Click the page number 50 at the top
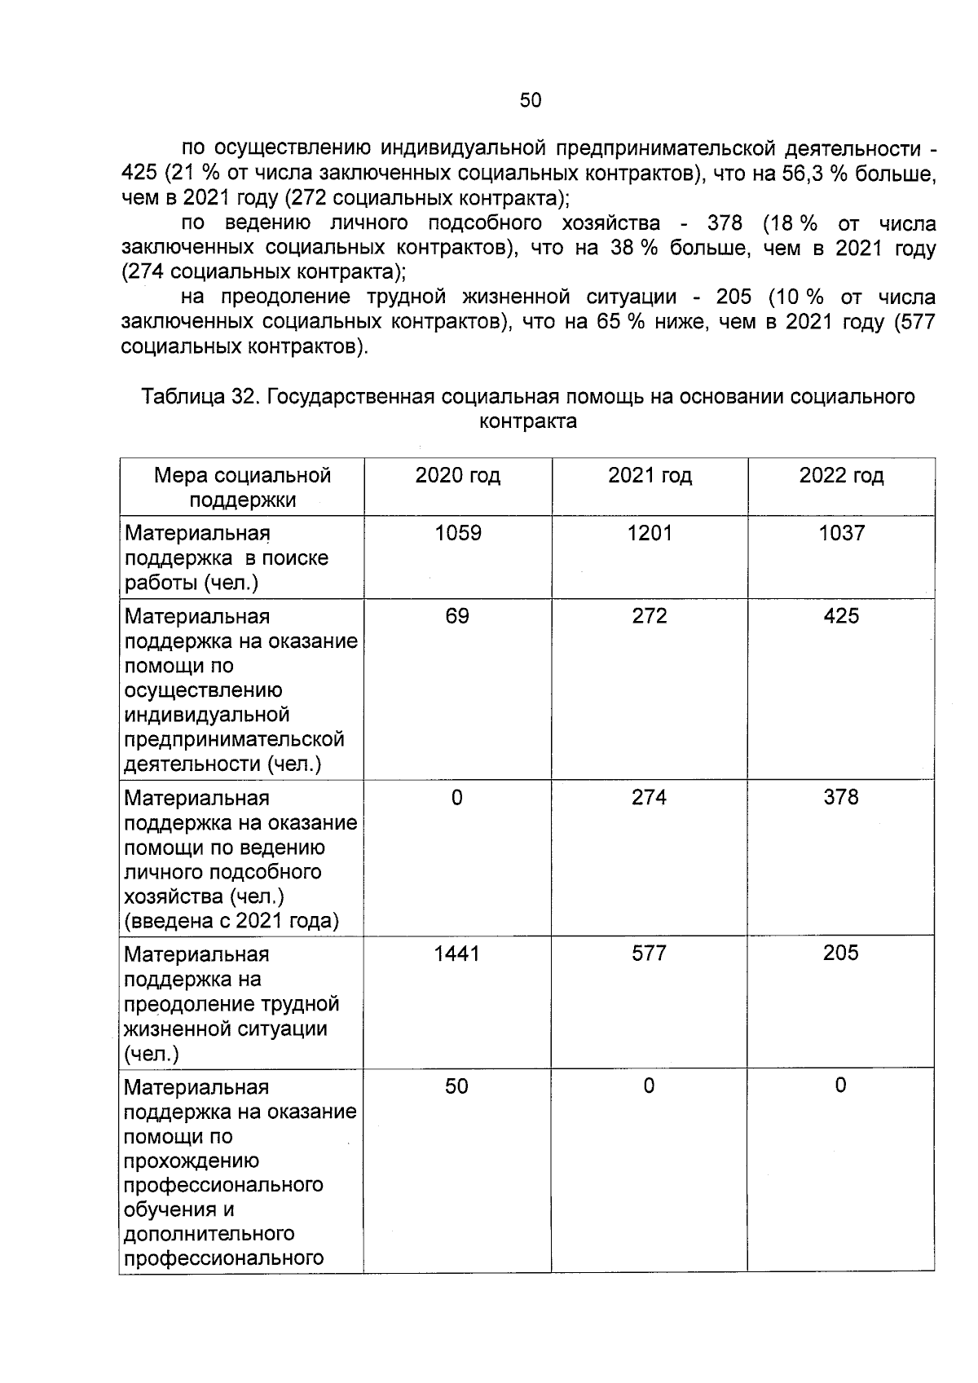(x=530, y=100)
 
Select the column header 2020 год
(x=457, y=475)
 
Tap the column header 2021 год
(x=650, y=475)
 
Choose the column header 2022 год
(x=841, y=475)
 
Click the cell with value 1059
(x=458, y=533)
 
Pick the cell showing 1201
(x=650, y=533)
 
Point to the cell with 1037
(x=841, y=533)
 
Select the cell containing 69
(x=457, y=616)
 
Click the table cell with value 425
(x=841, y=616)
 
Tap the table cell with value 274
(x=649, y=798)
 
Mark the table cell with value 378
(x=841, y=798)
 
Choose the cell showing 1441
(x=457, y=954)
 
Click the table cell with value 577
(x=649, y=954)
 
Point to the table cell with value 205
(x=841, y=954)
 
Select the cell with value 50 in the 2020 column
(x=456, y=1086)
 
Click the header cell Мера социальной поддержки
(x=242, y=487)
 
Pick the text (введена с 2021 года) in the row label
(x=231, y=921)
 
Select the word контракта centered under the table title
(x=528, y=421)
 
